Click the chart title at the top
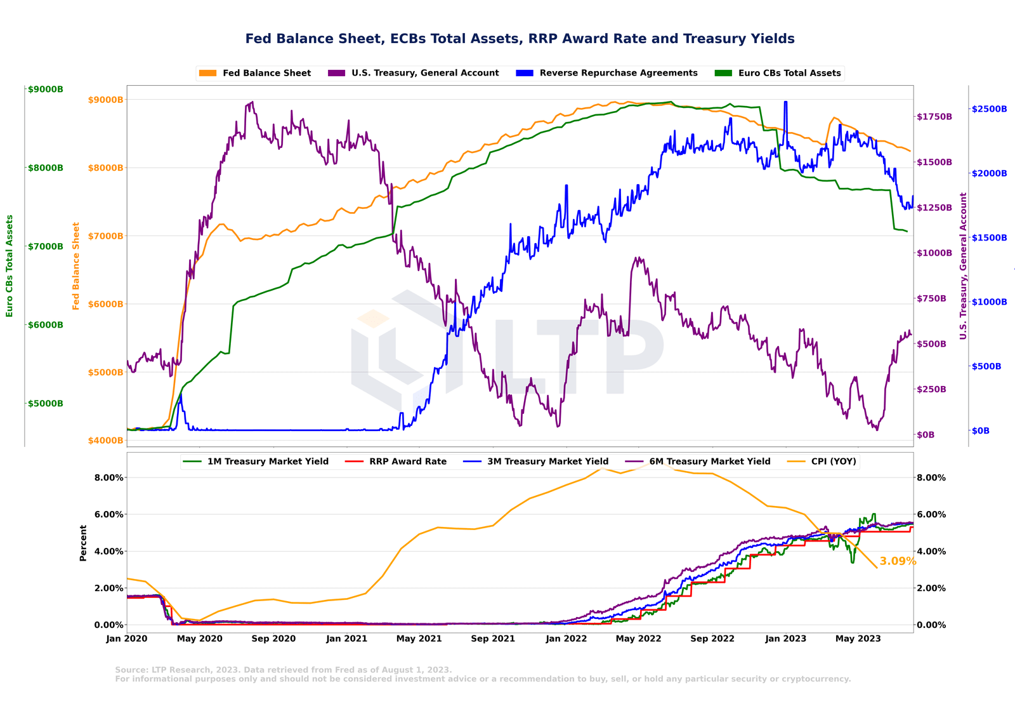click(520, 39)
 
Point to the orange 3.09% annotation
click(898, 561)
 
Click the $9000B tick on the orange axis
click(105, 100)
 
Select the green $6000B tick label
click(45, 325)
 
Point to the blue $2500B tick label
click(989, 109)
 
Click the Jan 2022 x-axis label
click(566, 639)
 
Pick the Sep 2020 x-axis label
click(273, 639)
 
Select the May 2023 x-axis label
click(858, 639)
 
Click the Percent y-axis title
click(83, 543)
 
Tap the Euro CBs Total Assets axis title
click(10, 266)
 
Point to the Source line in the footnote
click(284, 670)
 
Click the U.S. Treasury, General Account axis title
click(963, 266)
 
